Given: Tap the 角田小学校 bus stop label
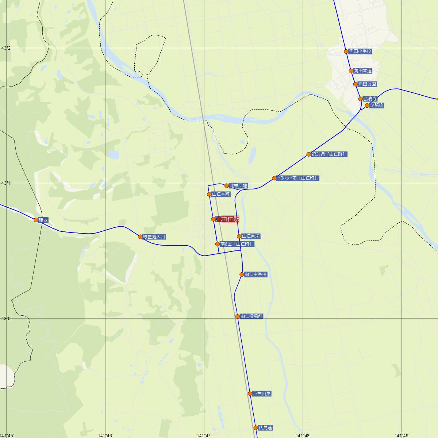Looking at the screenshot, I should tap(360, 51).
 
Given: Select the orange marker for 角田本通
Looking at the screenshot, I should tap(351, 71).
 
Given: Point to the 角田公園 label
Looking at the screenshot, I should tap(367, 84).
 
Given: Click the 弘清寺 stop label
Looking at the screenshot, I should tap(370, 99).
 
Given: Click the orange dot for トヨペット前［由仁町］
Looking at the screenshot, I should tap(274, 178).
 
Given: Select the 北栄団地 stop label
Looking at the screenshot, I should tap(238, 186).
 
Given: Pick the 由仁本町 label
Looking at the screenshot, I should tap(221, 195).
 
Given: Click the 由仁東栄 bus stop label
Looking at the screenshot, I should tap(251, 237).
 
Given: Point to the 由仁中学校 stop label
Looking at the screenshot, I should tap(255, 274).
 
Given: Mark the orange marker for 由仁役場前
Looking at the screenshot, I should tap(237, 316).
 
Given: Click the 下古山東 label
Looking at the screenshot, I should tap(262, 394).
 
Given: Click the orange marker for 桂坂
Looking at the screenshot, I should tap(36, 220).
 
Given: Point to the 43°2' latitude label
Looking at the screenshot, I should tap(7, 48).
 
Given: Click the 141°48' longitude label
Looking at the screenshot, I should tap(303, 435).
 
